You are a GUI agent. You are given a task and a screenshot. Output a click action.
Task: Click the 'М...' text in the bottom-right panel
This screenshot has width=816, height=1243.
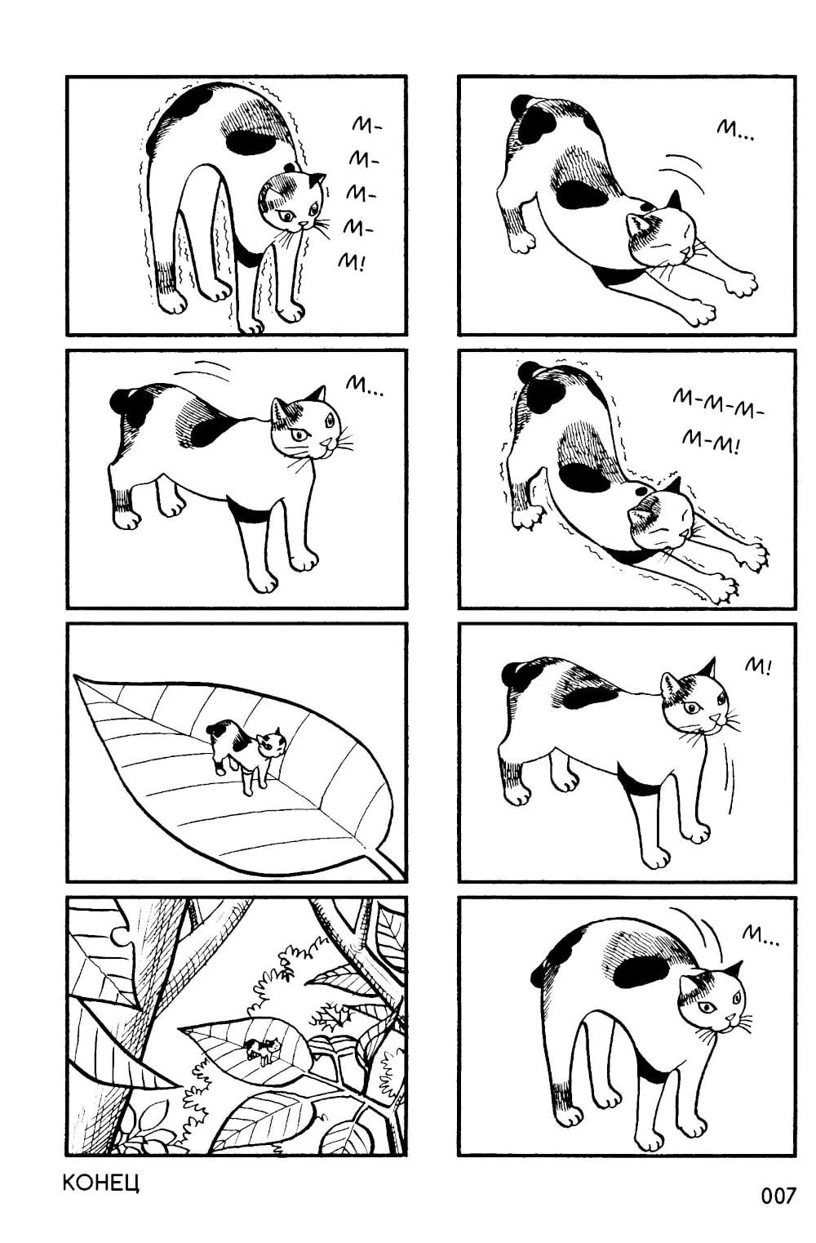pyautogui.click(x=761, y=938)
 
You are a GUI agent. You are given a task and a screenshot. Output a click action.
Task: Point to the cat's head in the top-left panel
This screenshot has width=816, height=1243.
pyautogui.click(x=291, y=203)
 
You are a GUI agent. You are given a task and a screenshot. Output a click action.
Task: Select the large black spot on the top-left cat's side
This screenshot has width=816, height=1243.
pyautogui.click(x=251, y=141)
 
